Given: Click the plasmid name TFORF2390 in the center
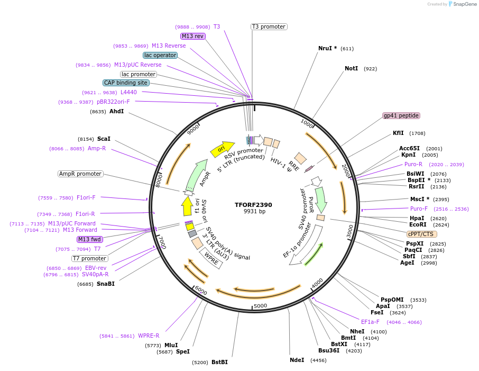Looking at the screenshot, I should point(253,205).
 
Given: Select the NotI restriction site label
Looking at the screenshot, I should point(351,69).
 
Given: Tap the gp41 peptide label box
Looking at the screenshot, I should point(401,115).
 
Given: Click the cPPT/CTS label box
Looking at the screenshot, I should point(422,234).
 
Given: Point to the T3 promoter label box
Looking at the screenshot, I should point(269,26).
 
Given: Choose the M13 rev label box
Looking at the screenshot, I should point(192,36).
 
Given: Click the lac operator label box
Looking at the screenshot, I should point(160,55).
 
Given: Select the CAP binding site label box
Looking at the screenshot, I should point(126,83).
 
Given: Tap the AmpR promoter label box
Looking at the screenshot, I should point(80,174).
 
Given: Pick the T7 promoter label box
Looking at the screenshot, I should point(90,258).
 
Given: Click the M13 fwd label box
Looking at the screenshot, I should point(90,239).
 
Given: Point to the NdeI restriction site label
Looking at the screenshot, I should point(297,360).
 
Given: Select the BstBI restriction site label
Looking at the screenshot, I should point(219,363).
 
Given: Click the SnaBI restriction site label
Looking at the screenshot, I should point(105,284).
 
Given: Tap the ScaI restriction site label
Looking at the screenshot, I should point(104,139).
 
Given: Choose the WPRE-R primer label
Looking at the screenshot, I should point(149,336).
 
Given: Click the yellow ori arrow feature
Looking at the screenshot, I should point(222,149).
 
